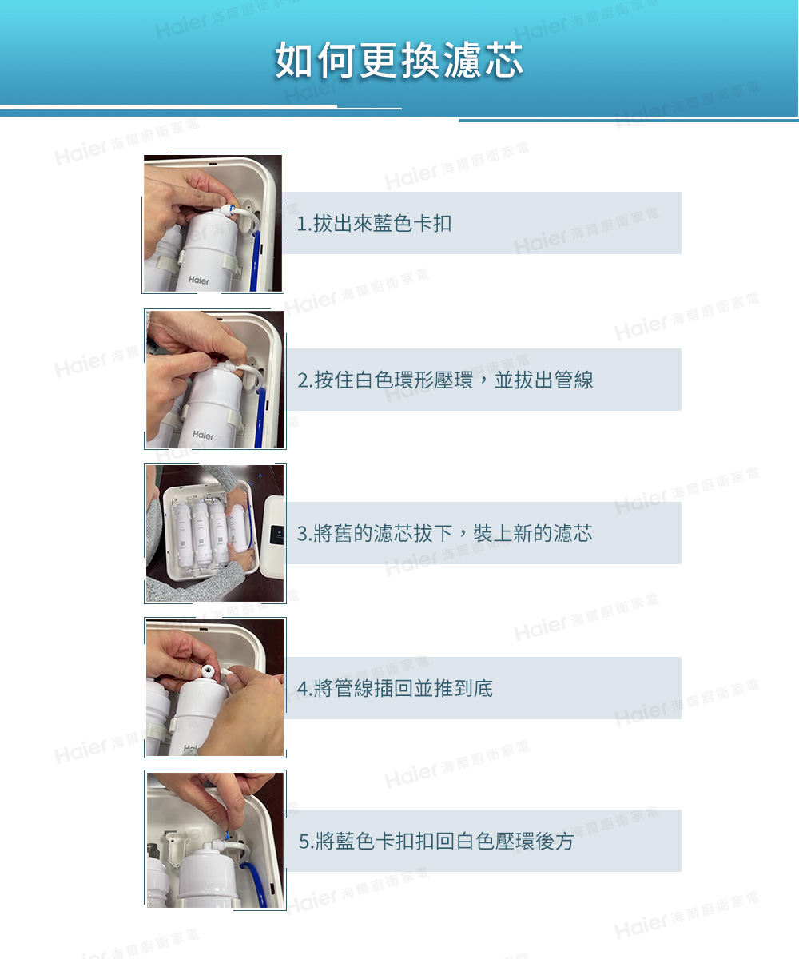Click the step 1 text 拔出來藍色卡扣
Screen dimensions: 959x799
382,224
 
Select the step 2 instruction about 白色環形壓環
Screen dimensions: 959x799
446,380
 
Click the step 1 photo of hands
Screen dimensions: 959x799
213,223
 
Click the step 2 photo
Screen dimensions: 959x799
215,379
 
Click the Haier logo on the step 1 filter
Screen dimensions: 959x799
199,281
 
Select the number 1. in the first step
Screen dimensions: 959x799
303,225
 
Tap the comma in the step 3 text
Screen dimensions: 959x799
462,535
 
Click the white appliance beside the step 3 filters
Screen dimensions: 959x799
273,533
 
